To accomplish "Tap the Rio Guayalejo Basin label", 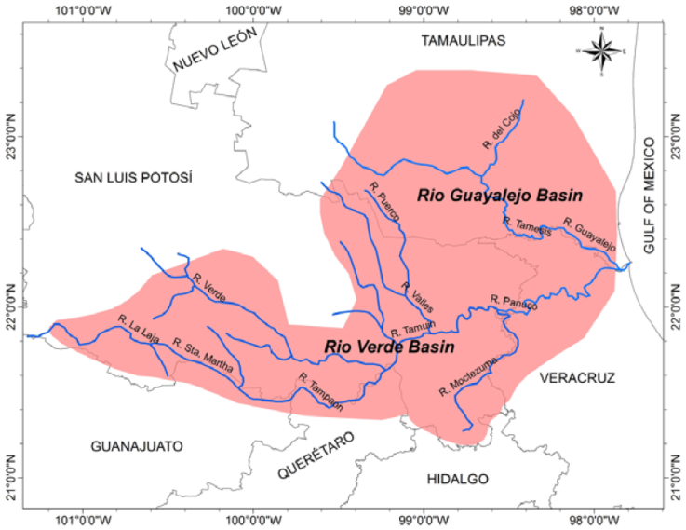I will [500, 196].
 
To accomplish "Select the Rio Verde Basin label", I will [389, 347].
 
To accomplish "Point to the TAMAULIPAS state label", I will [463, 41].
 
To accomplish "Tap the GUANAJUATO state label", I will [137, 445].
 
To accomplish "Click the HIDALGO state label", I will [456, 479].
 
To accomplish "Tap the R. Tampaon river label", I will [321, 391].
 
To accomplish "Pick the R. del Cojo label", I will [501, 129].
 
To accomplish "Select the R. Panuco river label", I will [514, 303].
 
